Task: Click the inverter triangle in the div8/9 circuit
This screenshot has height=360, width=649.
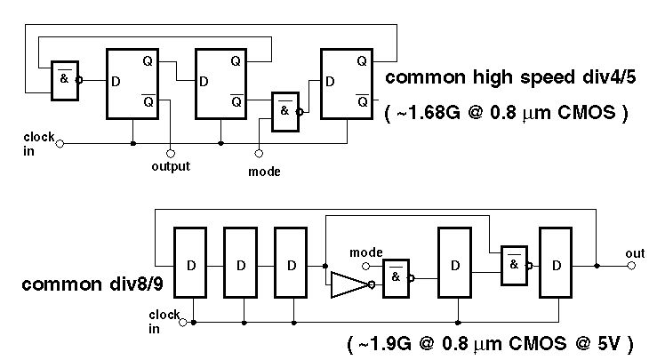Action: coord(349,285)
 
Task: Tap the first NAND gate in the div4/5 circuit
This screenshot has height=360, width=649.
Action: coord(63,78)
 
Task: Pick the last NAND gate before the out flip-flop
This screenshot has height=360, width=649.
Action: coord(514,264)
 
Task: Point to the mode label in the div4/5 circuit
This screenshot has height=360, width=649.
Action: coord(263,171)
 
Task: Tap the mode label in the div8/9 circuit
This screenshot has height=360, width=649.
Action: coord(366,252)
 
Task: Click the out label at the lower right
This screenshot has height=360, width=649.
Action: coord(634,253)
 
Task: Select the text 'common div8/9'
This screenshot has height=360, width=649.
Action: coord(83,285)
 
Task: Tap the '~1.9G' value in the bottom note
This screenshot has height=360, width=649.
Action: coord(383,340)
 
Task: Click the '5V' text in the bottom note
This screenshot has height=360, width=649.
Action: coord(608,340)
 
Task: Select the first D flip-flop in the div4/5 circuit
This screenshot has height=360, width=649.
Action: coord(132,84)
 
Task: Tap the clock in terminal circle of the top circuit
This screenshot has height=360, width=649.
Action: coord(60,142)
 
